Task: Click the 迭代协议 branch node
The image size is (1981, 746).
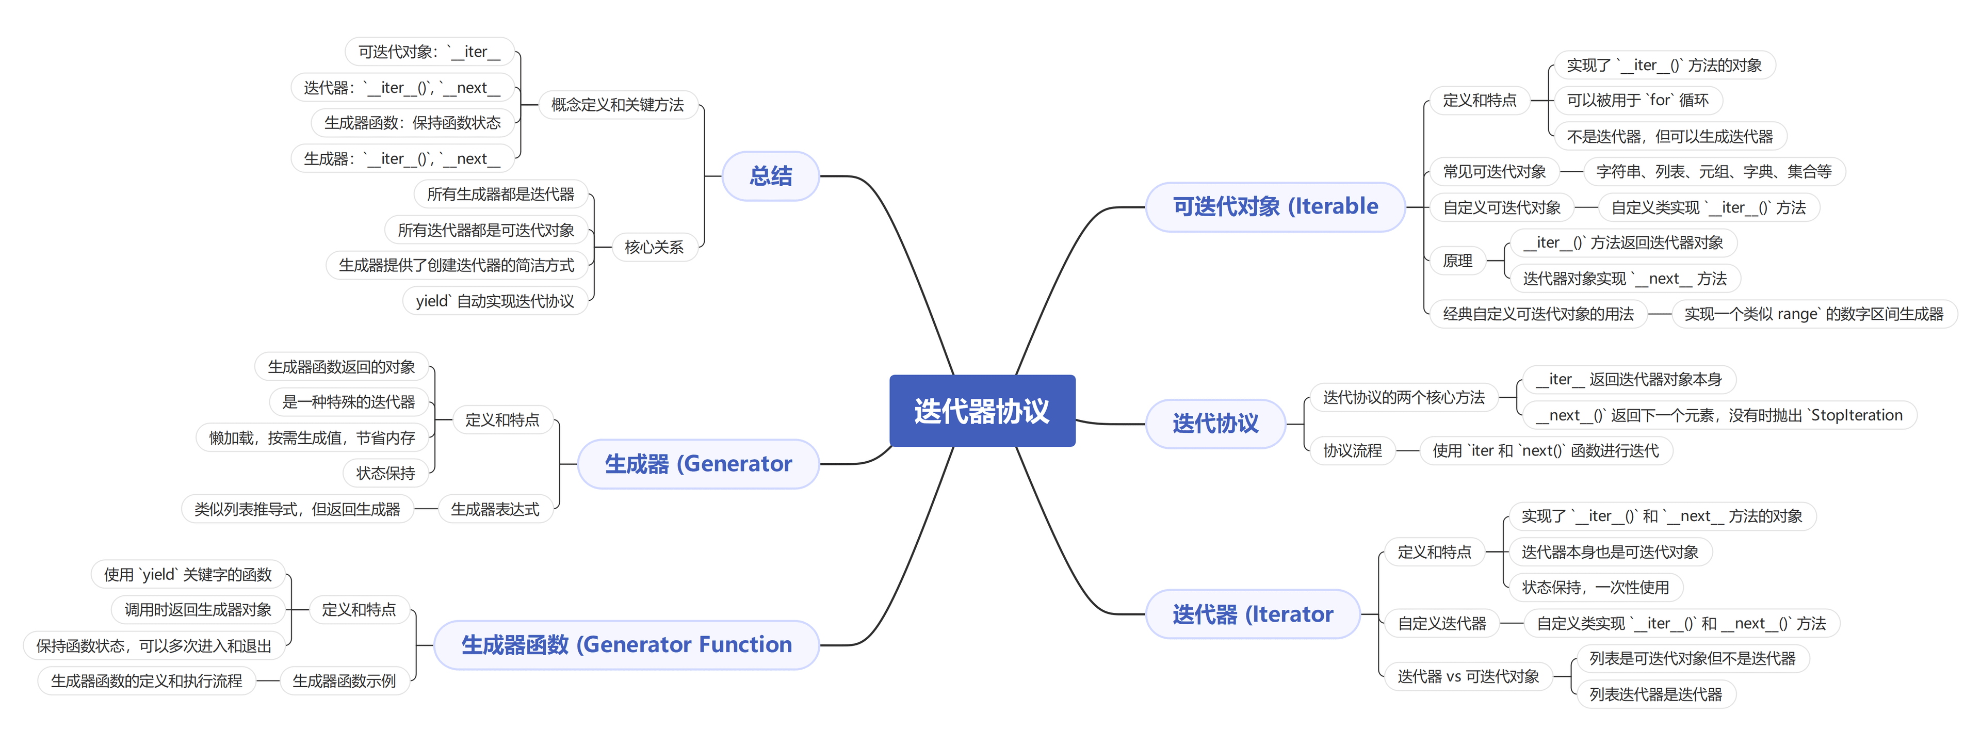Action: [1215, 423]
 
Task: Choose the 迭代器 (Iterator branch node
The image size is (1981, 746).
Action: [1252, 614]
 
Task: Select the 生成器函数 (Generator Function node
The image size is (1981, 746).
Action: [626, 644]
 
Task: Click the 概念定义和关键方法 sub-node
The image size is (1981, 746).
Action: [617, 105]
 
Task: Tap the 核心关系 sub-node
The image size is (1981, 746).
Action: [654, 247]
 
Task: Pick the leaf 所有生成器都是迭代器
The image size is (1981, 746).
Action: [500, 194]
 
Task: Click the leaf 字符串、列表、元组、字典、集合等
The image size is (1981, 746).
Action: [1713, 171]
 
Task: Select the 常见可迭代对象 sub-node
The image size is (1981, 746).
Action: [1493, 171]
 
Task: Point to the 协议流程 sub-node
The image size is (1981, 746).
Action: [1352, 451]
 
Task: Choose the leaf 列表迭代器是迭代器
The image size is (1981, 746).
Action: [1655, 694]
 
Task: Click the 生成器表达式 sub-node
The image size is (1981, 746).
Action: [495, 509]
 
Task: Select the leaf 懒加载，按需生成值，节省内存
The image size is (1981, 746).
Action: [312, 437]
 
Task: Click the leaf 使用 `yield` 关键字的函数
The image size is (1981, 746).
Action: [188, 575]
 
